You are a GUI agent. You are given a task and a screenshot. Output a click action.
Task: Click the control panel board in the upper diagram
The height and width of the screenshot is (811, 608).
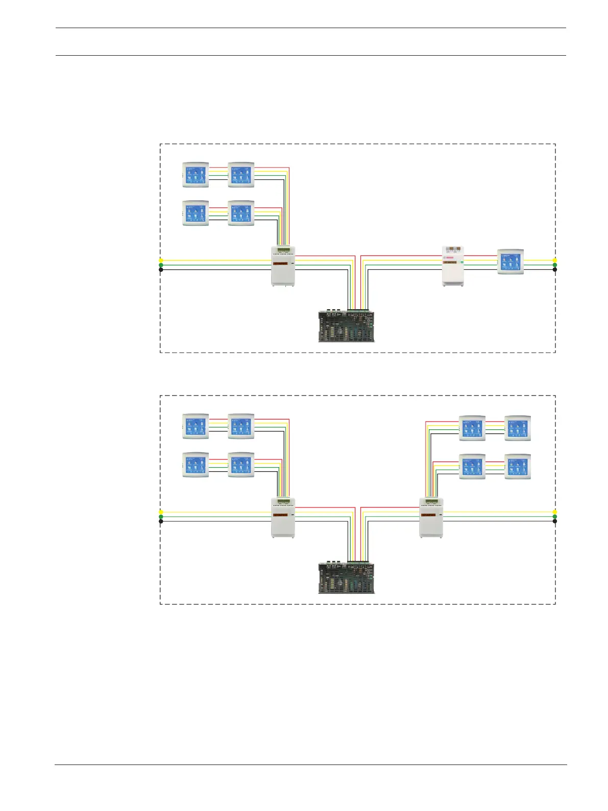pos(347,326)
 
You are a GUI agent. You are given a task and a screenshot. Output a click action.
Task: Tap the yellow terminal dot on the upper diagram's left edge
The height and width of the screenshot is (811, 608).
pos(161,260)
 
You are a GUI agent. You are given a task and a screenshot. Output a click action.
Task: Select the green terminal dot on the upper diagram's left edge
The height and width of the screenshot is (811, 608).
pos(161,265)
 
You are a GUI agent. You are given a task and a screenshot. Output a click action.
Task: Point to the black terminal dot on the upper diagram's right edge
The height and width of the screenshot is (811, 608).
pos(555,269)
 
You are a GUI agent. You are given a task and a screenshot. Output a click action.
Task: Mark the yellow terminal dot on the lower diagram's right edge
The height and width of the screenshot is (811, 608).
pos(555,512)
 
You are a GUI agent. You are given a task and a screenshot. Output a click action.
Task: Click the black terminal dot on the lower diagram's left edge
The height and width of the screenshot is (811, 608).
pos(161,521)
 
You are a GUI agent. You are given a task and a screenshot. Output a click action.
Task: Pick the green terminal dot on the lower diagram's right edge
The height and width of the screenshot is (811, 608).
pos(555,517)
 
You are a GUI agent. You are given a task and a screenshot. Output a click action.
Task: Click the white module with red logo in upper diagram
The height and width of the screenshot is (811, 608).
pos(453,266)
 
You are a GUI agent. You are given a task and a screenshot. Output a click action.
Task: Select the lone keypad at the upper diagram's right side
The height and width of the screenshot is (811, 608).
pos(510,262)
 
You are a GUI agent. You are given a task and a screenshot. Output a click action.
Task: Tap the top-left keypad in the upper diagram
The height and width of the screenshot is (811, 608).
pos(196,175)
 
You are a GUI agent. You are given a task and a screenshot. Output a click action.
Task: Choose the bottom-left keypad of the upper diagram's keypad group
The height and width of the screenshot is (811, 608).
pos(196,213)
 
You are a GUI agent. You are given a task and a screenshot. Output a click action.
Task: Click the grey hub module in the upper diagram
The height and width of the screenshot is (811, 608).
pos(283,266)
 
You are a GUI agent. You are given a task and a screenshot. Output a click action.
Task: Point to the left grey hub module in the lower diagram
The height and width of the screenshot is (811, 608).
pos(283,517)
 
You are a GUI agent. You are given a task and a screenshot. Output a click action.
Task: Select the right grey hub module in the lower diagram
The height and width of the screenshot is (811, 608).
pos(431,517)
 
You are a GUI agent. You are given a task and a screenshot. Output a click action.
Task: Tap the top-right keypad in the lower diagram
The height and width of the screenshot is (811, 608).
pos(518,428)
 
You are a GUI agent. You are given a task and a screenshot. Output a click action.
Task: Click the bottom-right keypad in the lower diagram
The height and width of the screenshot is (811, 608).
pos(518,467)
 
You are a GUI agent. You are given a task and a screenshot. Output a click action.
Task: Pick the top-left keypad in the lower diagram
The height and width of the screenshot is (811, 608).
pos(196,426)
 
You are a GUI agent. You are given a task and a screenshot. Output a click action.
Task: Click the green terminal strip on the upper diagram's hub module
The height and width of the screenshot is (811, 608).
pos(283,250)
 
